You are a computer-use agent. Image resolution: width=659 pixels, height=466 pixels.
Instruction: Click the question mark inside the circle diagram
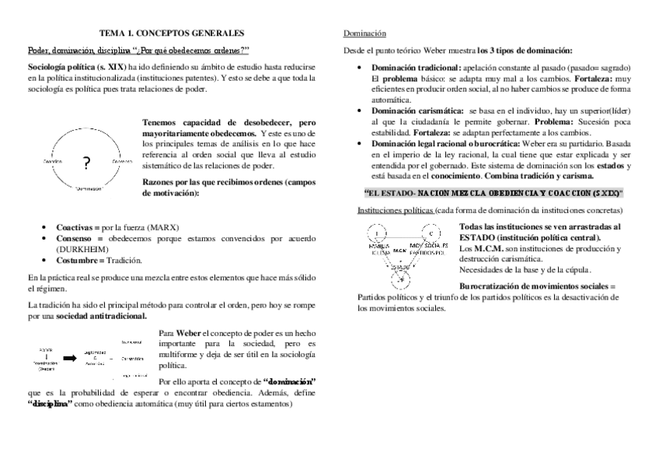tap(85, 163)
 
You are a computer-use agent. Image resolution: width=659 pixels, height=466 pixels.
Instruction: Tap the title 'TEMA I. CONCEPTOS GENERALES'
tap(172, 33)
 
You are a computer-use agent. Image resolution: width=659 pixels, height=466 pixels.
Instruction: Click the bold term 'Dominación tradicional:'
tap(416, 68)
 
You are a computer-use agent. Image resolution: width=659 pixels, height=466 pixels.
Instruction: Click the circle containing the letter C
tap(430, 233)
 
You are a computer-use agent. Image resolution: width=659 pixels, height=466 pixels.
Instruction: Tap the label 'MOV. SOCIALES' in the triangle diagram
tap(428, 247)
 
